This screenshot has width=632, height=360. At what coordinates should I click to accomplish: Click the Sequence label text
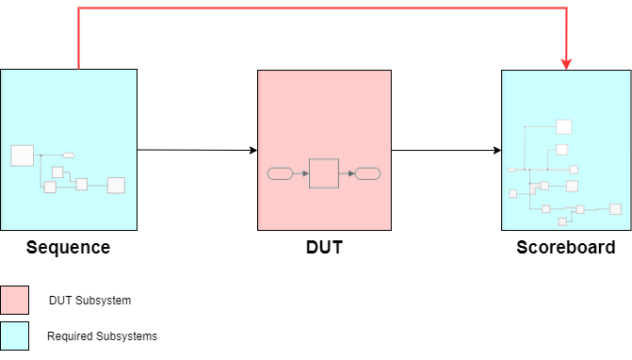(x=68, y=248)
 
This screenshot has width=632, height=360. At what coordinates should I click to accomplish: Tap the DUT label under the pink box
(x=324, y=248)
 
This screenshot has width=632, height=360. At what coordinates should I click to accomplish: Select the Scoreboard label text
(x=565, y=248)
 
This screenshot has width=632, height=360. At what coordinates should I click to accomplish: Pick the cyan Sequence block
(x=69, y=104)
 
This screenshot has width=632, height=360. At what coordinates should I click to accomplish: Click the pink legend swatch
(x=15, y=301)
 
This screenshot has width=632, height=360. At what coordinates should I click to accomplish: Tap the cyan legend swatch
(x=15, y=335)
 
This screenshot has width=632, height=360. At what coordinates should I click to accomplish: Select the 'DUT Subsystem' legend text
(x=89, y=301)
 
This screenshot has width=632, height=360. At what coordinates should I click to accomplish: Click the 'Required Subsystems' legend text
(x=102, y=335)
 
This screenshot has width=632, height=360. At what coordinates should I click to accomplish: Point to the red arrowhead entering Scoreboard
(x=567, y=64)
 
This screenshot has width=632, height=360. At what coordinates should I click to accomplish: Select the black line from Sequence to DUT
(x=193, y=150)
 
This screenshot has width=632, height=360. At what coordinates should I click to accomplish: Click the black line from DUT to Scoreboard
(x=443, y=150)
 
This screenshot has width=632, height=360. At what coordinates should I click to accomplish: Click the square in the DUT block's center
(x=324, y=173)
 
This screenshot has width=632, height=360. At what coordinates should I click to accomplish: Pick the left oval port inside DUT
(x=281, y=173)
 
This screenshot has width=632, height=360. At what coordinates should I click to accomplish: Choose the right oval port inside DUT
(x=367, y=173)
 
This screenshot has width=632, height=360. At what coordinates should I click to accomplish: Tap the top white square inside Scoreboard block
(x=564, y=127)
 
